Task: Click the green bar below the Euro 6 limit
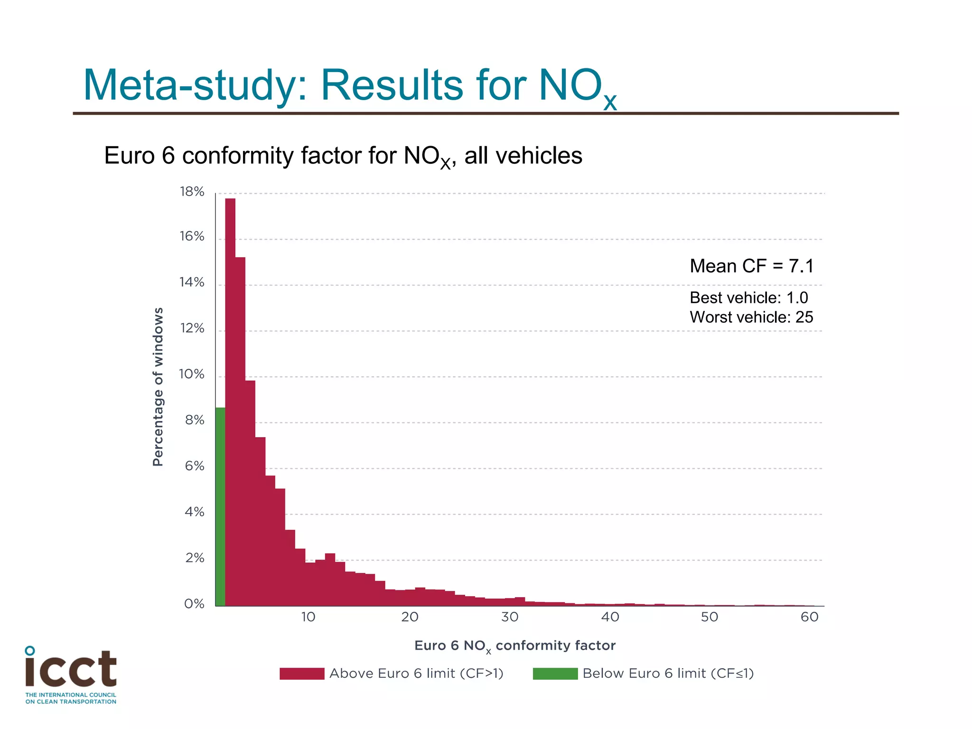pyautogui.click(x=220, y=506)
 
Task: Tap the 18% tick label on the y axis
pyautogui.click(x=192, y=192)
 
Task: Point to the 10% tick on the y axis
pyautogui.click(x=192, y=374)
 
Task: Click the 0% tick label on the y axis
pyautogui.click(x=194, y=604)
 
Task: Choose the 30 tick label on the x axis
pyautogui.click(x=510, y=617)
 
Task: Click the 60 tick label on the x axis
pyautogui.click(x=810, y=617)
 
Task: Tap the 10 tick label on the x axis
pyautogui.click(x=308, y=617)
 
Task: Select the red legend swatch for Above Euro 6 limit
pyautogui.click(x=302, y=673)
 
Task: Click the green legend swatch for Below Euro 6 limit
pyautogui.click(x=555, y=673)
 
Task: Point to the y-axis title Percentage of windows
pyautogui.click(x=158, y=387)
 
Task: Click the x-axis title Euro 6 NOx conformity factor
pyautogui.click(x=515, y=646)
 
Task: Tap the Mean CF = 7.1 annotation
pyautogui.click(x=751, y=266)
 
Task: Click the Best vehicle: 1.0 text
pyautogui.click(x=748, y=298)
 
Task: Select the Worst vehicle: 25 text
pyautogui.click(x=751, y=317)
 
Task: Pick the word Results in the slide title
pyautogui.click(x=392, y=85)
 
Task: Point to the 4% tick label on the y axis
pyautogui.click(x=194, y=512)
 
